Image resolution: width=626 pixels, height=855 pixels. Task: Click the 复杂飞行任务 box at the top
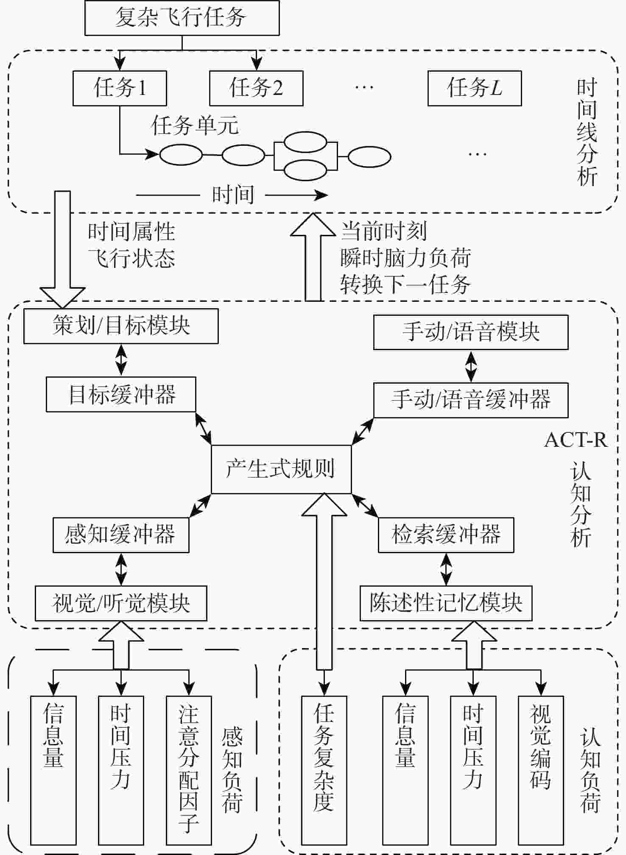tap(182, 18)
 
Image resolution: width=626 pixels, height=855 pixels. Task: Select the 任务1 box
tap(120, 88)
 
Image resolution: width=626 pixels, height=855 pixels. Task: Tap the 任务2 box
tap(256, 88)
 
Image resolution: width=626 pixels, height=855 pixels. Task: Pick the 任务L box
tap(475, 88)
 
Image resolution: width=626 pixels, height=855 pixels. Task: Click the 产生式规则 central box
tap(281, 469)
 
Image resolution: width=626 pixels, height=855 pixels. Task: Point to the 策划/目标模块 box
tap(121, 326)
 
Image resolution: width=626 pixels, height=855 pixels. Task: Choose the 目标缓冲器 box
tap(121, 394)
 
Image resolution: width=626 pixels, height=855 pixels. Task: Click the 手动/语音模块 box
tap(471, 332)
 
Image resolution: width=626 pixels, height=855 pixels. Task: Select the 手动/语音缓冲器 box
tap(471, 400)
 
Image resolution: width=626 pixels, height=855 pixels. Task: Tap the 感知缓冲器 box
tap(121, 535)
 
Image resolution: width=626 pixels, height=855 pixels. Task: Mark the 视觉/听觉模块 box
tap(121, 603)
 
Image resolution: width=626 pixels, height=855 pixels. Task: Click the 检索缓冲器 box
tap(446, 535)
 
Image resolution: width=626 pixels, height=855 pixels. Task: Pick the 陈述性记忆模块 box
tap(446, 603)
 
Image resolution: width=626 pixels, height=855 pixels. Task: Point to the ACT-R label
tap(576, 440)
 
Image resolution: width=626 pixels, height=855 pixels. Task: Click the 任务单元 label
tap(195, 126)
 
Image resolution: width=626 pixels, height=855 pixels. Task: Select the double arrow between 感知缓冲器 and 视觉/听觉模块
tap(121, 569)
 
